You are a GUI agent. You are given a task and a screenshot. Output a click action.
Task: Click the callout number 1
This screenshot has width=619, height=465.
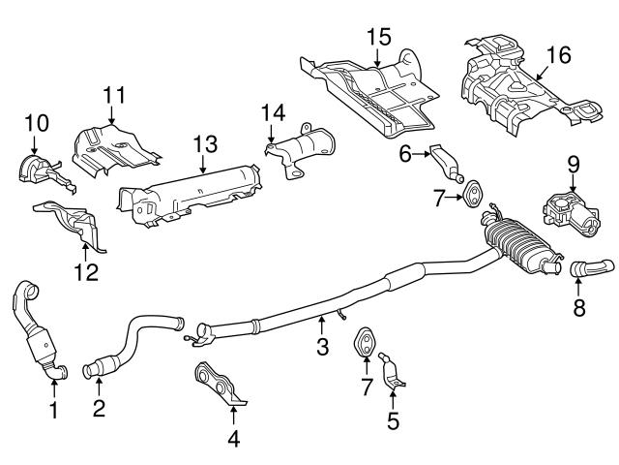pyautogui.click(x=54, y=411)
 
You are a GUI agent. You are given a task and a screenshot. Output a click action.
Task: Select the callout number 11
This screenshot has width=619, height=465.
pyautogui.click(x=115, y=95)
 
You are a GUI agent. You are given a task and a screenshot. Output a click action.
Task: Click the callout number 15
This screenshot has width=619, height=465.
pyautogui.click(x=377, y=38)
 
